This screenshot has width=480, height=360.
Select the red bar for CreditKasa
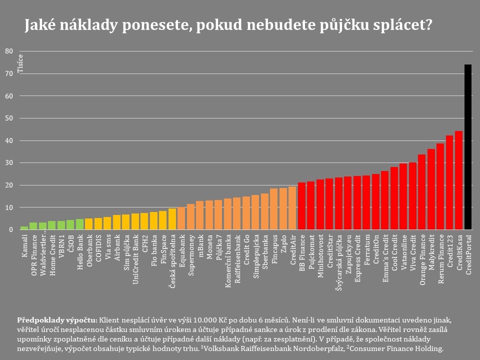pos(458,180)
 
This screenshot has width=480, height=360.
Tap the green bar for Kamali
pos(24,228)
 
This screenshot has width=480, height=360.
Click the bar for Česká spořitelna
pos(172,219)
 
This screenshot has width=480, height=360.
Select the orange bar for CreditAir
pos(292,208)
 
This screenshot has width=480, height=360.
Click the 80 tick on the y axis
pos(9,51)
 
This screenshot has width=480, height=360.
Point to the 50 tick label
pos(9,118)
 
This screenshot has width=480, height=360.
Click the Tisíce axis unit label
pos(20,63)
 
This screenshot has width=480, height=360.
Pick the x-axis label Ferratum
pos(367,248)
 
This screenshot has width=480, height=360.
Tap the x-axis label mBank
pos(200,245)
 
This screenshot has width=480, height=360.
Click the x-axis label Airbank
pos(117,246)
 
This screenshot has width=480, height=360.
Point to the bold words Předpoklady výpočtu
pos(56,319)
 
